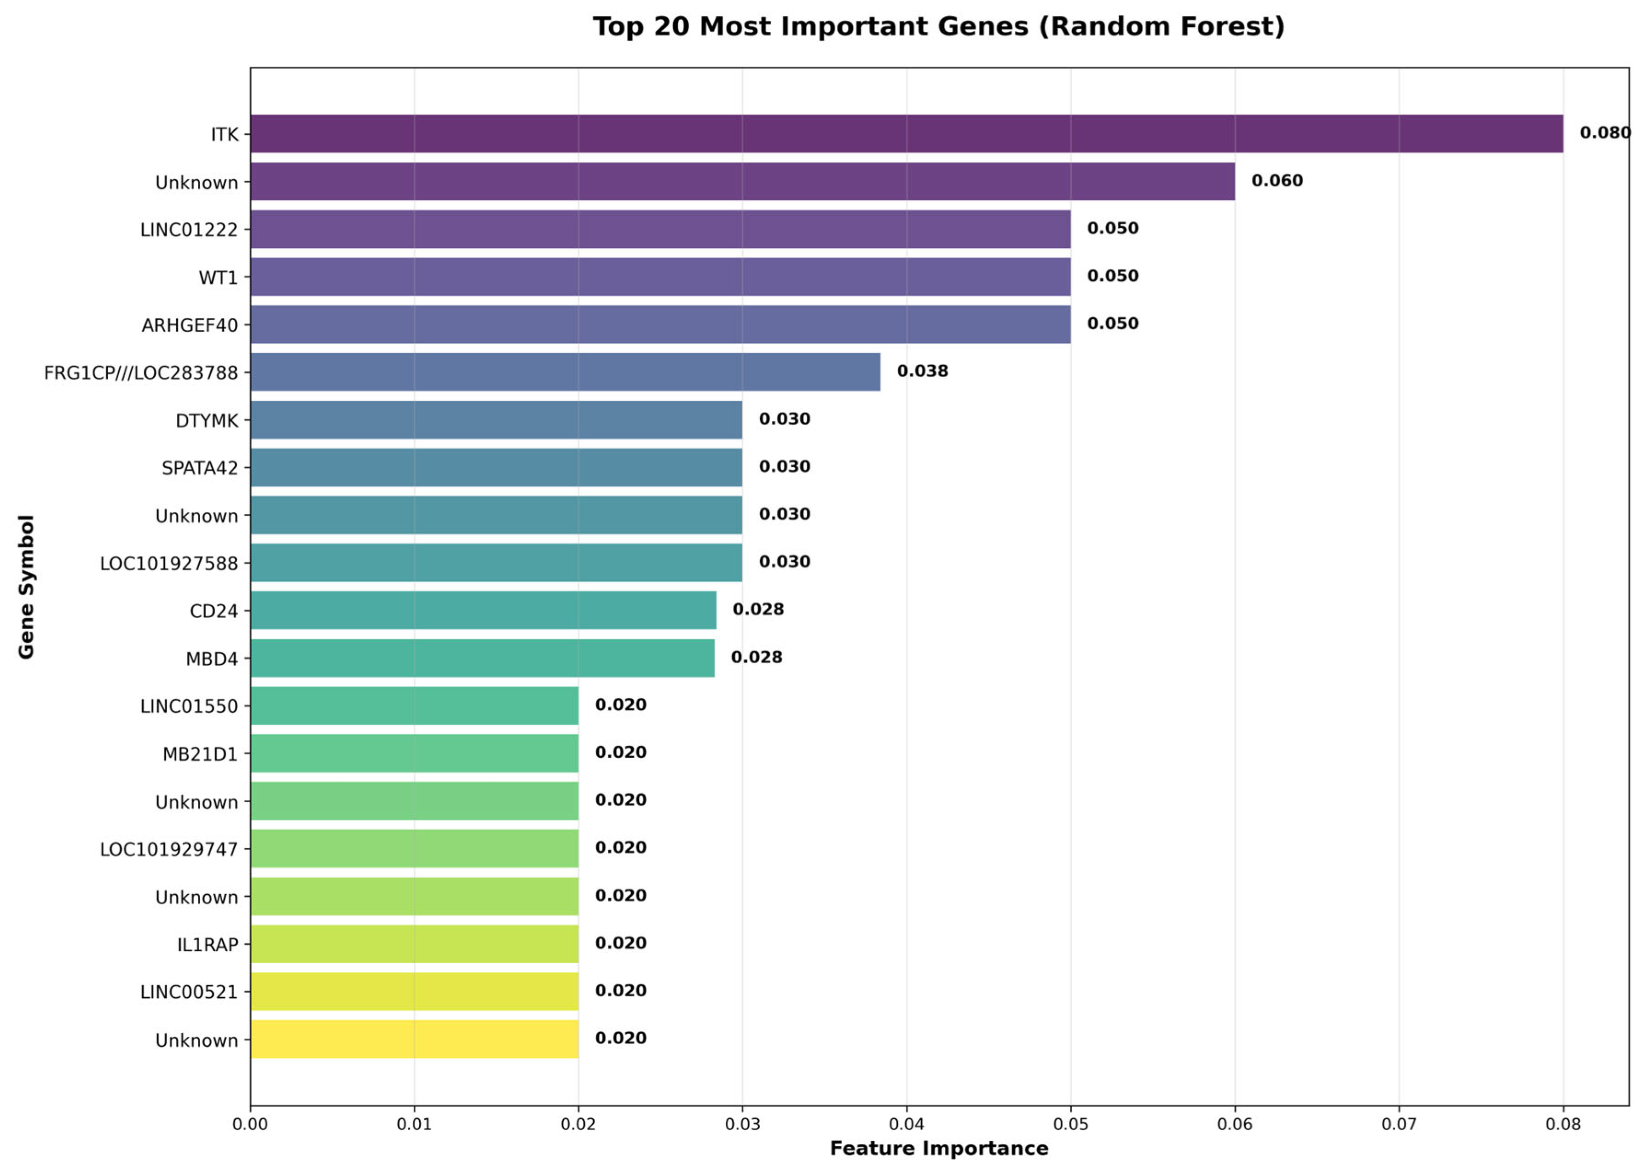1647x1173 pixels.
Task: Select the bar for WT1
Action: tap(660, 276)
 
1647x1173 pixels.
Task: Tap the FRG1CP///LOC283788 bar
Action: tap(565, 372)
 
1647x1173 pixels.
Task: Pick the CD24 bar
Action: tap(483, 610)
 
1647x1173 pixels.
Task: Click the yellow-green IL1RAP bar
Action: tap(414, 944)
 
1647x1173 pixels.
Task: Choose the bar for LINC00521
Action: tap(414, 992)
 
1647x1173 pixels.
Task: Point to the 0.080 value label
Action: tap(1604, 133)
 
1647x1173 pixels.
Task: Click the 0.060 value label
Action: tap(1277, 181)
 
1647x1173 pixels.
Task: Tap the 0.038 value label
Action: tap(922, 371)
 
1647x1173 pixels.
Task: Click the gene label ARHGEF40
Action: tap(189, 326)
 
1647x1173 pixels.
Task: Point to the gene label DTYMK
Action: tap(207, 421)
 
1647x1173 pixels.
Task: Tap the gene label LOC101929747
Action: tap(168, 850)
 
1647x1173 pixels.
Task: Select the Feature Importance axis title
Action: tap(938, 1149)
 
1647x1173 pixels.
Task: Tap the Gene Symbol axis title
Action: tap(26, 586)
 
